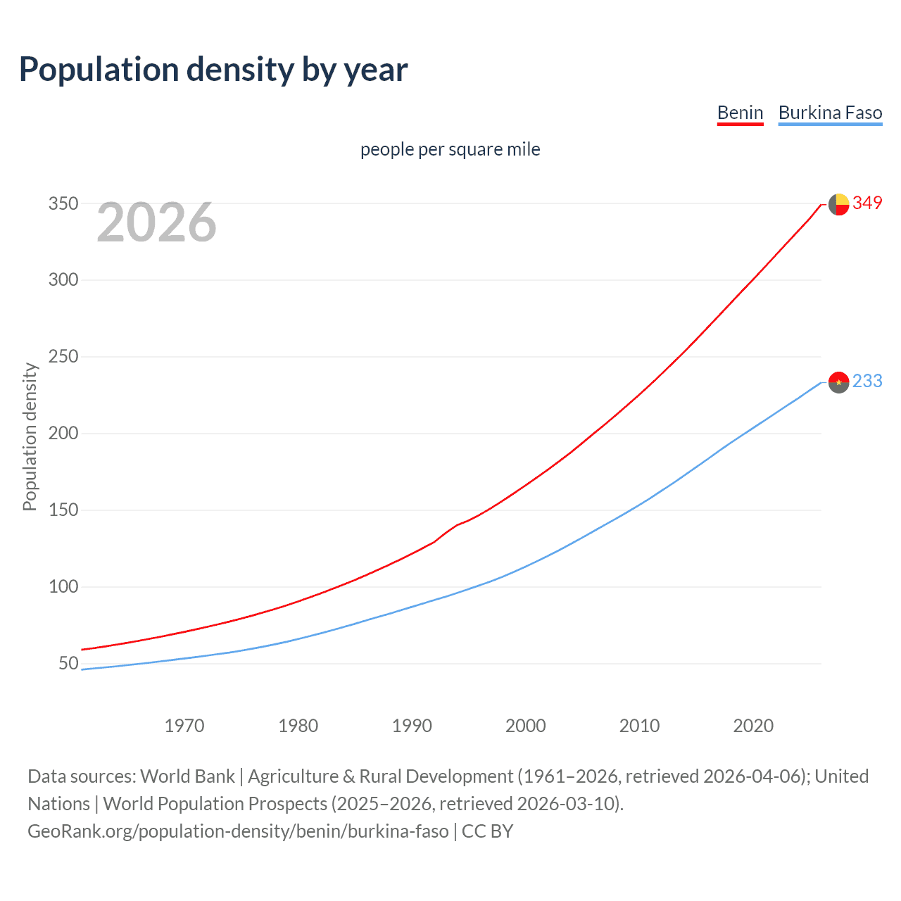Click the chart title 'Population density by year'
213,70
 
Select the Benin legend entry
740,113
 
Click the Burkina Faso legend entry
830,113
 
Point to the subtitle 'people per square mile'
450,149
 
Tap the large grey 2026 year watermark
156,222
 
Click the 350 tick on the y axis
63,204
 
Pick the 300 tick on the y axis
63,280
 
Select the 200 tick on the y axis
63,434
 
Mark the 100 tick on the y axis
63,586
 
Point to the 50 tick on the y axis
68,663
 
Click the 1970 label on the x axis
184,726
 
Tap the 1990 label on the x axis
412,726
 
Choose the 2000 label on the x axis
526,726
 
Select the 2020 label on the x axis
753,726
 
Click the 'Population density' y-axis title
30,436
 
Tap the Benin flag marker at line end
838,204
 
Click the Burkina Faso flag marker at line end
838,382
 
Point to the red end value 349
867,203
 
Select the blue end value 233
867,382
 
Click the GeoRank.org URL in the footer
238,831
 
